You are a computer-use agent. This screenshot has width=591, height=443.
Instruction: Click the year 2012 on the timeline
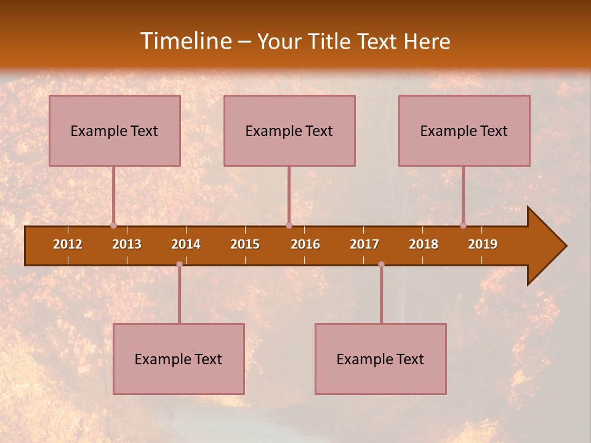(x=68, y=244)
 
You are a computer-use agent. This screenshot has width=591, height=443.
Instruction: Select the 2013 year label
(x=127, y=244)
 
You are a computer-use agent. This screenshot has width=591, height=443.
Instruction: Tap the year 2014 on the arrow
(x=186, y=244)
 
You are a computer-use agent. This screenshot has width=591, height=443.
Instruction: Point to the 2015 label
(x=245, y=244)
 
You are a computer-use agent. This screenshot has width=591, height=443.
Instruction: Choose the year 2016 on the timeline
(x=305, y=244)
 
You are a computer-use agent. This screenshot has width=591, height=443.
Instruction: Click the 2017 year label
(x=364, y=244)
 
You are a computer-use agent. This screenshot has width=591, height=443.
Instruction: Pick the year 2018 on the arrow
(x=424, y=244)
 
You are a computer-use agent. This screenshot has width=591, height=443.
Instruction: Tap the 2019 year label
(x=483, y=244)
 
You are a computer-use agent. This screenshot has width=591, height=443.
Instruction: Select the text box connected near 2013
(x=115, y=130)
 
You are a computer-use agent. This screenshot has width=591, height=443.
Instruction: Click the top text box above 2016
(x=289, y=130)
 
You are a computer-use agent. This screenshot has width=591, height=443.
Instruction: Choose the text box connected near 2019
(x=464, y=130)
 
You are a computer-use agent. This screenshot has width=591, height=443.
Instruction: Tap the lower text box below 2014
(x=179, y=359)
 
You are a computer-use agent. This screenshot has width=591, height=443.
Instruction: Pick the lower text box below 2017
(x=380, y=359)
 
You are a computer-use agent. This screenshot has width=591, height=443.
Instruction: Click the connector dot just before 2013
(x=113, y=225)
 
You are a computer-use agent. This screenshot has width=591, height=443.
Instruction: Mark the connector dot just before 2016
(x=289, y=225)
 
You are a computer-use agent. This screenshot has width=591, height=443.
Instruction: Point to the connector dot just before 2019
(x=463, y=225)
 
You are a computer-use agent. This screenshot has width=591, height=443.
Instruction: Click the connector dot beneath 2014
(x=179, y=265)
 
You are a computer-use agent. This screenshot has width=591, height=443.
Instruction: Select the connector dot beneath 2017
(x=381, y=265)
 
